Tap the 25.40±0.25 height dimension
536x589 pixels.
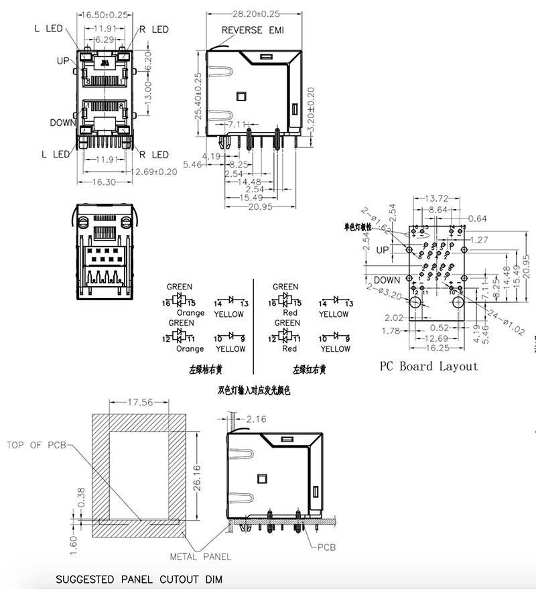(x=198, y=97)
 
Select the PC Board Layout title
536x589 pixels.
(x=429, y=366)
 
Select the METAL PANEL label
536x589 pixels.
(x=200, y=556)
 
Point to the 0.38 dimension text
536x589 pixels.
(x=81, y=496)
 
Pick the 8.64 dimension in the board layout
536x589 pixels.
(x=439, y=210)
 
